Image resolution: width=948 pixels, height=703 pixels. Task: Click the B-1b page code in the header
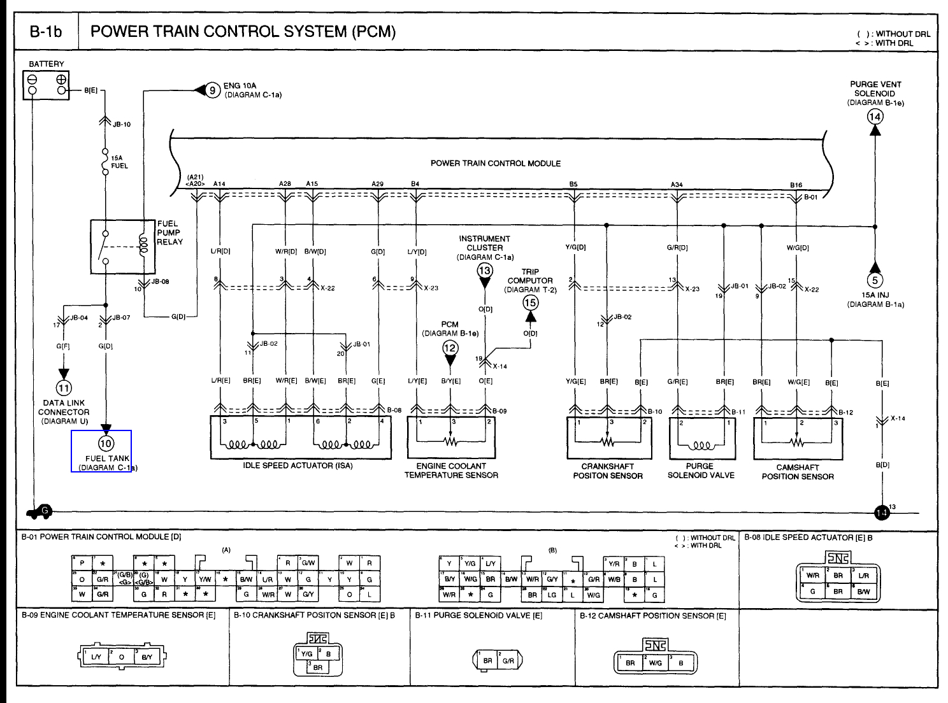tap(47, 32)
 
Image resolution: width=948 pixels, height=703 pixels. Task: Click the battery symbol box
tap(46, 85)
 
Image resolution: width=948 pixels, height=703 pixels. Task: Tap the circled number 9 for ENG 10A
tap(213, 90)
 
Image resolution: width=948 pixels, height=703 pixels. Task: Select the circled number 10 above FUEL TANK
tap(106, 443)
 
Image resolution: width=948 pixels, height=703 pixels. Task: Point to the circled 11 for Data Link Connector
tap(64, 388)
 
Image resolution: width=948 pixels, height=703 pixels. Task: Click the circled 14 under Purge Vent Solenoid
tap(875, 117)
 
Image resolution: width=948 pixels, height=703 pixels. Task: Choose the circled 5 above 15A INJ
tap(875, 280)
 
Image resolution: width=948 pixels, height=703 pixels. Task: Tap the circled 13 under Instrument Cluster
tap(485, 271)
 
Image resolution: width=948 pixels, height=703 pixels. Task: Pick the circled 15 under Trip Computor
tap(530, 303)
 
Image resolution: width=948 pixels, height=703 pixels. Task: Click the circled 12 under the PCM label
tap(450, 348)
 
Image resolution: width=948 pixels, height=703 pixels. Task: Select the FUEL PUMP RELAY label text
tap(169, 233)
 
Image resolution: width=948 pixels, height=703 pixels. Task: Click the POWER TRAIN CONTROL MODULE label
tap(496, 164)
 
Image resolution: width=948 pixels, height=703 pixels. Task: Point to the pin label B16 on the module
tap(796, 185)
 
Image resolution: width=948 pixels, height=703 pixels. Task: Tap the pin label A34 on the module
tap(677, 185)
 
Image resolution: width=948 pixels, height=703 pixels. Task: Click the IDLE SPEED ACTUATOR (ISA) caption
tap(298, 465)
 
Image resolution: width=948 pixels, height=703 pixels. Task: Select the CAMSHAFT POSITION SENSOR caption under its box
tap(798, 472)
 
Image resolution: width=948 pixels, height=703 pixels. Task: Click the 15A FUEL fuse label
tap(119, 162)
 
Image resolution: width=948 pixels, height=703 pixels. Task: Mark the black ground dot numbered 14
tap(882, 512)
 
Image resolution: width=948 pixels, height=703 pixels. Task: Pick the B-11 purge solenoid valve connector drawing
tap(498, 660)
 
